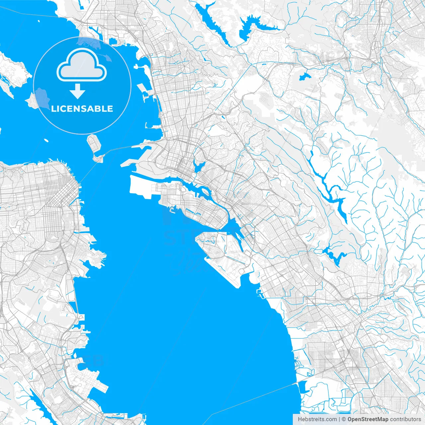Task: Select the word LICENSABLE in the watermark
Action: tap(82, 109)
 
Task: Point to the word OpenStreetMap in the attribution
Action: tap(368, 419)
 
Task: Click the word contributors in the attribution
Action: tap(405, 419)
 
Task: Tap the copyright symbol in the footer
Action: tap(344, 419)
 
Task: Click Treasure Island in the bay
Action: tap(94, 142)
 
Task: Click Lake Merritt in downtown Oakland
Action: tap(200, 166)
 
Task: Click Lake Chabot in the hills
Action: tap(335, 256)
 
